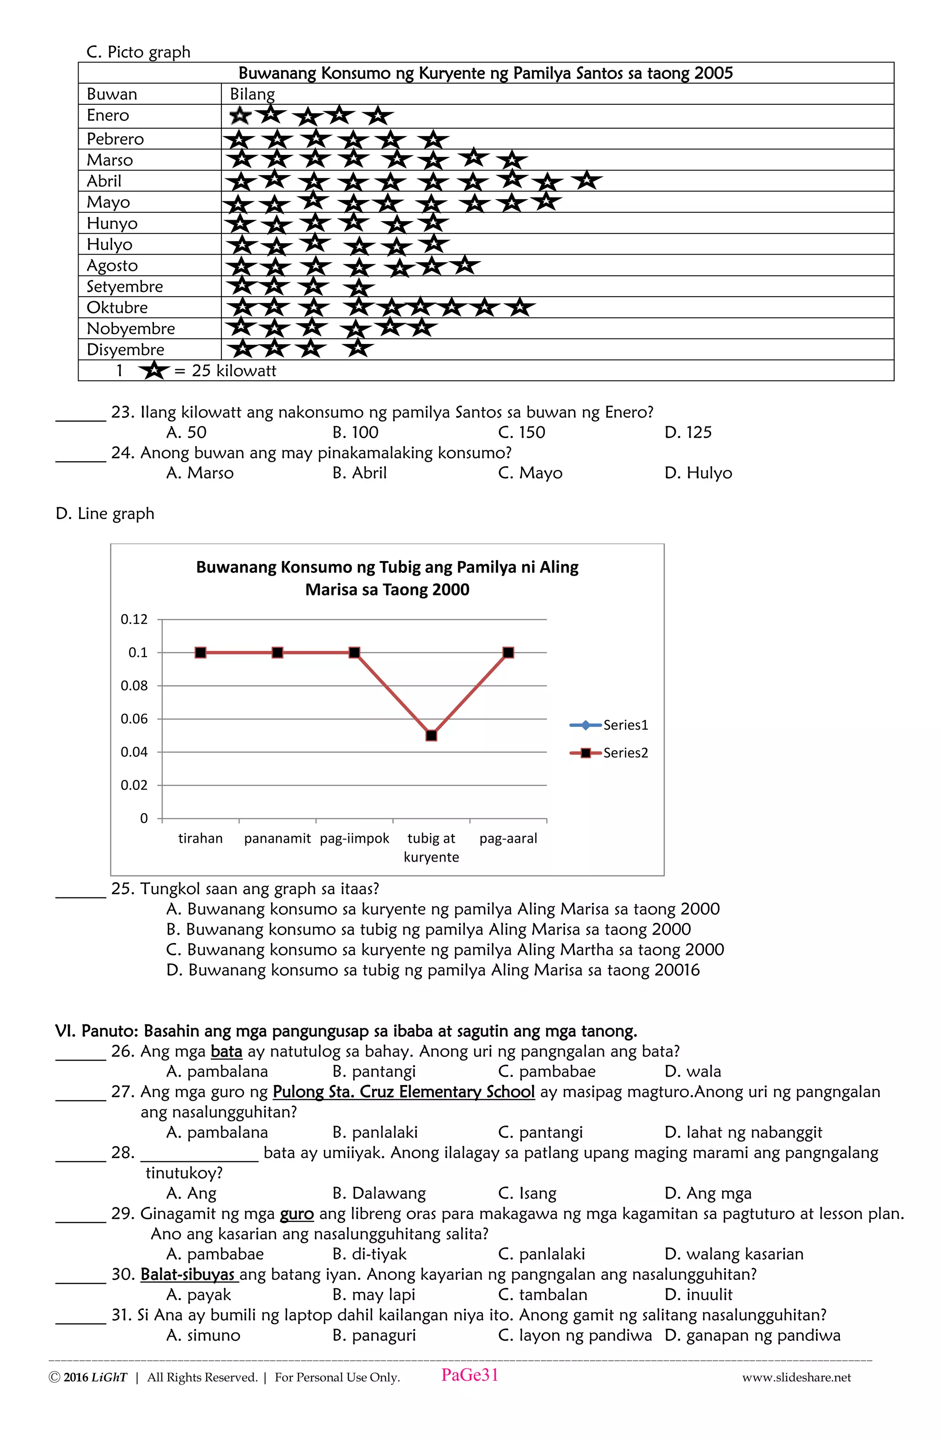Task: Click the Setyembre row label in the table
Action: pos(125,286)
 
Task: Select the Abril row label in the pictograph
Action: pos(104,181)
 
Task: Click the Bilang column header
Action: pos(252,94)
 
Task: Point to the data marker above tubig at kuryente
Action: pos(431,736)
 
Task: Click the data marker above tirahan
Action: pos(201,653)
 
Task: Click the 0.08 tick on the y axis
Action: pos(134,686)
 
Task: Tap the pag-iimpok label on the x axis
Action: pos(354,839)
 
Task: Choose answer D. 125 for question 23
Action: pos(688,433)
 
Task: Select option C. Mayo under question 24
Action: pos(530,473)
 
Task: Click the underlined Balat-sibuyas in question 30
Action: pos(188,1274)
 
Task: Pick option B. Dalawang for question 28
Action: pos(379,1193)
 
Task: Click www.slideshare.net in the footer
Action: pos(796,1377)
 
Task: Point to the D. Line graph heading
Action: pos(105,514)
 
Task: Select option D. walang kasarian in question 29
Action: pos(734,1254)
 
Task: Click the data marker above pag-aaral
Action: pos(509,653)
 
